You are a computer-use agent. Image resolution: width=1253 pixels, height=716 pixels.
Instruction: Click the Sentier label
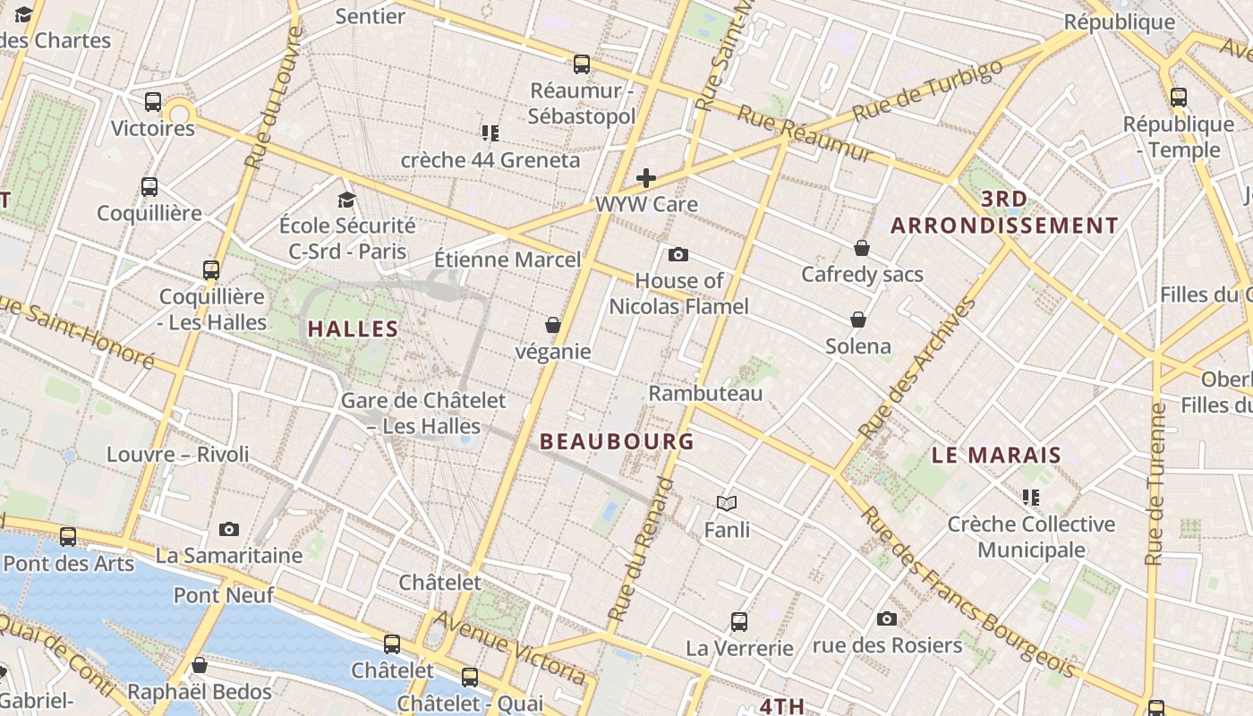(x=371, y=15)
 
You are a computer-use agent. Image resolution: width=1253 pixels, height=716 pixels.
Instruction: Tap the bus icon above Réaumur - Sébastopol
(x=582, y=64)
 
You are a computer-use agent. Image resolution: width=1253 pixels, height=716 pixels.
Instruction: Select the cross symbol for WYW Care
(x=645, y=178)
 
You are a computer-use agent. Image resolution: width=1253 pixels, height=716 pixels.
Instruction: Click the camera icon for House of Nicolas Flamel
(x=678, y=255)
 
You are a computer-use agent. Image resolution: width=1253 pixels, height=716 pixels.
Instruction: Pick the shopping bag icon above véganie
(x=553, y=325)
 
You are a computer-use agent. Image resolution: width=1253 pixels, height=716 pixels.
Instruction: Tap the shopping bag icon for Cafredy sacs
(x=862, y=248)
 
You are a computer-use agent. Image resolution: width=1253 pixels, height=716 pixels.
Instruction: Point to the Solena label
(x=857, y=345)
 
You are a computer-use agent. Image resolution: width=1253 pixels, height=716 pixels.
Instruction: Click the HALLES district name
(x=353, y=328)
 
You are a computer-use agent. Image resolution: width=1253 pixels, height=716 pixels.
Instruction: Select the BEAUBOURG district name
(x=618, y=441)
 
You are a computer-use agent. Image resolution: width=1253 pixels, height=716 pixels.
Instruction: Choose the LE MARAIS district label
(x=996, y=455)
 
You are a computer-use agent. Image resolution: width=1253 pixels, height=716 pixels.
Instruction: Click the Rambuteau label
(x=705, y=393)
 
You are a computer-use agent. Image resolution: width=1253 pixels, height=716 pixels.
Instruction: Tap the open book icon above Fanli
(x=727, y=504)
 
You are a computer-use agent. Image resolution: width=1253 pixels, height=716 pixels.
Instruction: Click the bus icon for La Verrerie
(x=739, y=621)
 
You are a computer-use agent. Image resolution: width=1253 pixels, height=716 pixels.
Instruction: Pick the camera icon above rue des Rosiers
(x=887, y=618)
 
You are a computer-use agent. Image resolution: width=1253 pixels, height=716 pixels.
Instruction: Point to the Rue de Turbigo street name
(x=928, y=90)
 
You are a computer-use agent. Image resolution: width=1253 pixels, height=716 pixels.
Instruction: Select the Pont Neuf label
(x=224, y=594)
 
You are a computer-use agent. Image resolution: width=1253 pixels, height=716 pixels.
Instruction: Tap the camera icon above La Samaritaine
(x=229, y=529)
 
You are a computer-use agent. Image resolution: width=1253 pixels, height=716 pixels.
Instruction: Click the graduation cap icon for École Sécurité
(x=346, y=199)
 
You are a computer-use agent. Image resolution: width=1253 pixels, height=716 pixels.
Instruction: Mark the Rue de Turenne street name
(x=1155, y=484)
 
